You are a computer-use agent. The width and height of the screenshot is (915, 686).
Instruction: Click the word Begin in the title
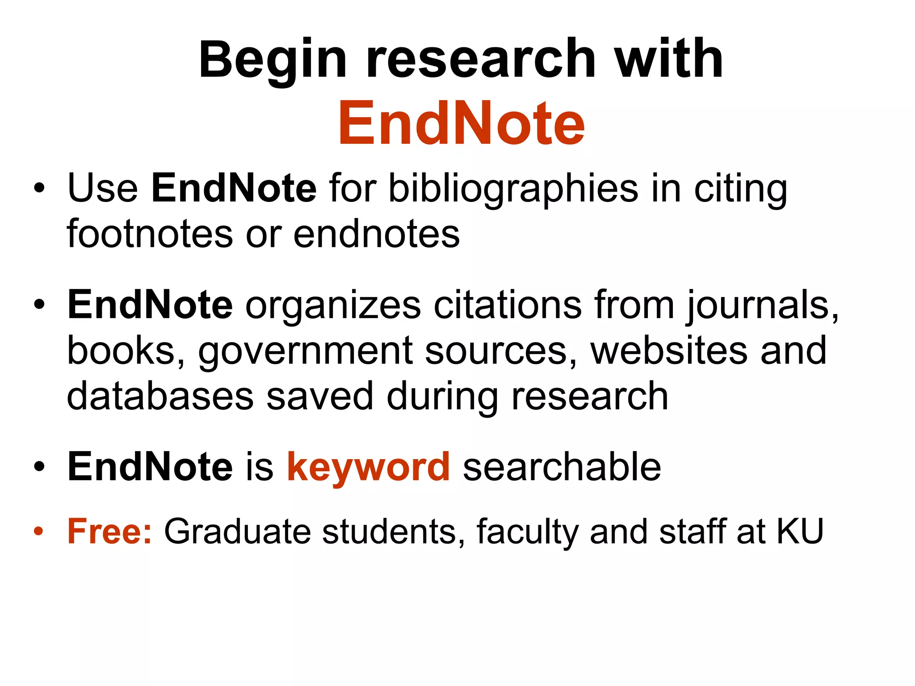click(273, 60)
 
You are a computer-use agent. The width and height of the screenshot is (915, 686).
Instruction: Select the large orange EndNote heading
click(461, 123)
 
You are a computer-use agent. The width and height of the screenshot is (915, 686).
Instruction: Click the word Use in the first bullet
click(102, 188)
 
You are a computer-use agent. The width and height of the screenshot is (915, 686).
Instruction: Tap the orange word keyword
click(369, 468)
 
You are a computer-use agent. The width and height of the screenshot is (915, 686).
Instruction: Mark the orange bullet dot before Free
click(39, 532)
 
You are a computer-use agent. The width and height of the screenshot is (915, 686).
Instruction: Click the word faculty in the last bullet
click(527, 532)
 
